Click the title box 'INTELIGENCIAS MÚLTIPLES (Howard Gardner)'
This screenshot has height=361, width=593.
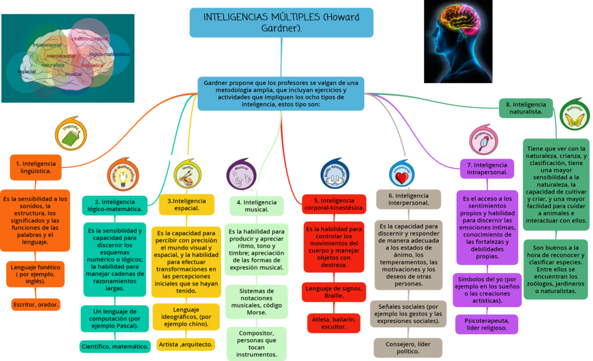pos(281,22)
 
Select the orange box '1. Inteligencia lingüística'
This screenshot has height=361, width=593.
pos(36,167)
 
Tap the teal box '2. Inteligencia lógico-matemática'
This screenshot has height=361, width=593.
pos(115,205)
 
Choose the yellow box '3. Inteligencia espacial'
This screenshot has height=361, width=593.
pos(186,205)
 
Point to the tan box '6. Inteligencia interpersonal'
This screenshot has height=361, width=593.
pos(408,199)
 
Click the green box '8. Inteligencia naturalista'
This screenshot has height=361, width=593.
pos(525,107)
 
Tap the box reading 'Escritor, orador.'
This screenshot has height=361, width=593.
pos(36,305)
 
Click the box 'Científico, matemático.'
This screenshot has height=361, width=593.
pos(114,346)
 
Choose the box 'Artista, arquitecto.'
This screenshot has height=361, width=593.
pos(186,344)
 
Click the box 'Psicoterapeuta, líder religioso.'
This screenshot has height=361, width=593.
pos(486,324)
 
